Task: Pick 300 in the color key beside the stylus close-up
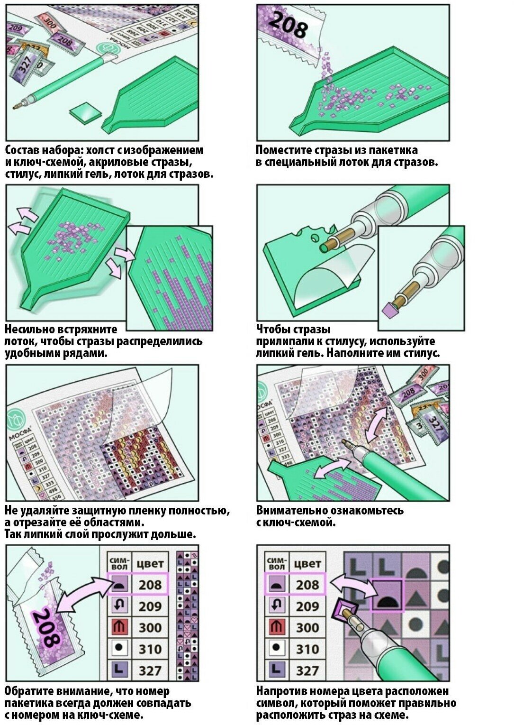tap(307, 628)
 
